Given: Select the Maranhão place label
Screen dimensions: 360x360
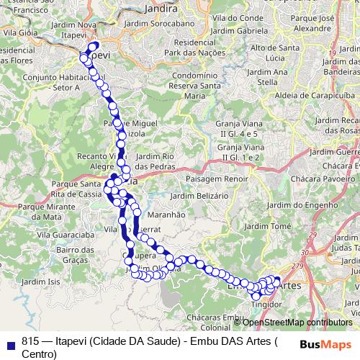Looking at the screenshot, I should [x=166, y=214].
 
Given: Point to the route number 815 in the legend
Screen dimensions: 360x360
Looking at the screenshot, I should [x=30, y=341].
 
